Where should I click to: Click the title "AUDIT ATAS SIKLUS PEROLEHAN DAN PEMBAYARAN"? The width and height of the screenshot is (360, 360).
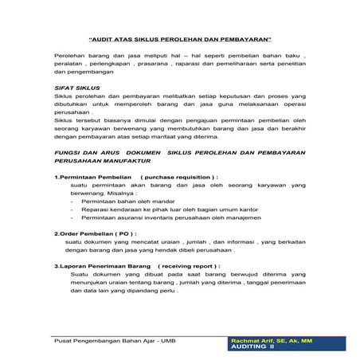coord(180,38)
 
